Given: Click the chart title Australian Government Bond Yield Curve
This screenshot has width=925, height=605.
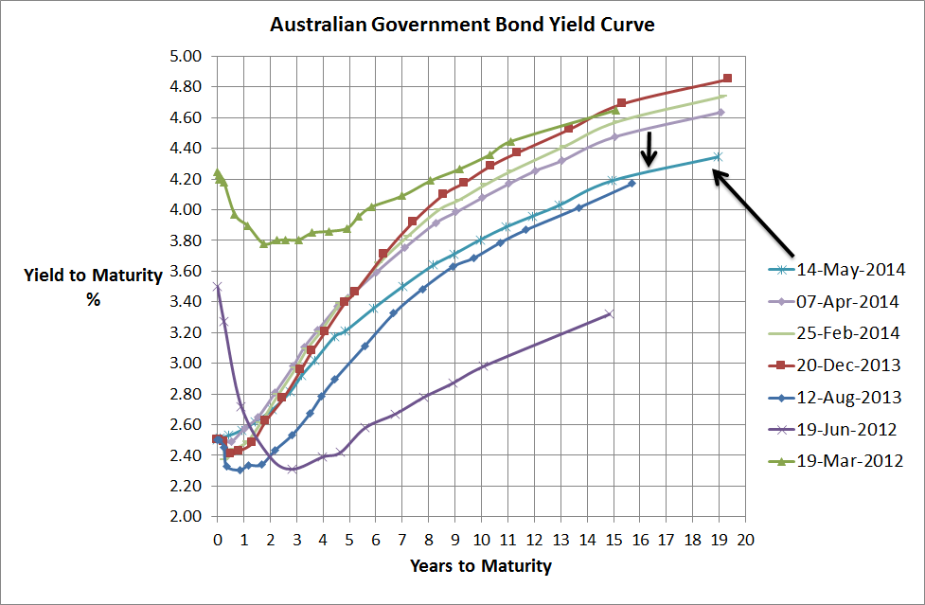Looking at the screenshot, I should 462,25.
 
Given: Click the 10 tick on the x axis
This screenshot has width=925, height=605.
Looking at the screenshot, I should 482,536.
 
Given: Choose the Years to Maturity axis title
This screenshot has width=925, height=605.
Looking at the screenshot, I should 481,566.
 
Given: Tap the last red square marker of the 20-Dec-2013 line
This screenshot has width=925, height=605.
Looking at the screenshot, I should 727,78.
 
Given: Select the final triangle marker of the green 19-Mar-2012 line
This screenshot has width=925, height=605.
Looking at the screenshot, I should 614,110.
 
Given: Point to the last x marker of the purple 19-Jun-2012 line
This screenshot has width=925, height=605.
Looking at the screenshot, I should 609,313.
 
